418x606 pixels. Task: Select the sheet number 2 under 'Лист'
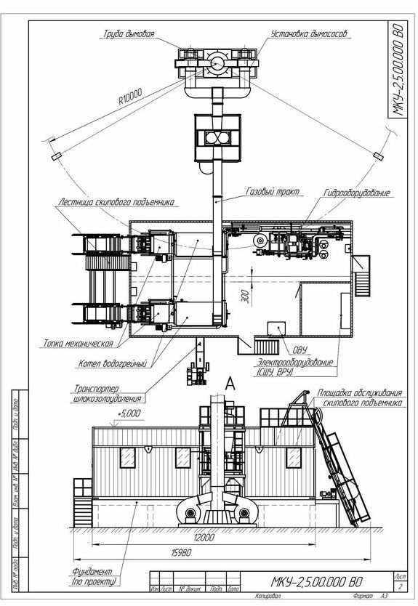pyautogui.click(x=399, y=585)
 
